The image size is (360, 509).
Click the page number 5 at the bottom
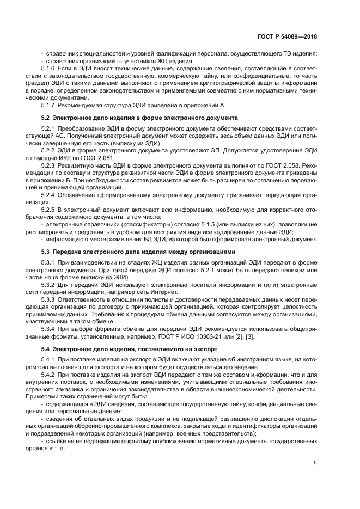click(315, 463)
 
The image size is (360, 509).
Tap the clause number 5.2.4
click(50, 193)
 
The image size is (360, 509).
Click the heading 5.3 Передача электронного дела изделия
click(138, 252)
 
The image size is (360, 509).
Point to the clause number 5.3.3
click(50, 299)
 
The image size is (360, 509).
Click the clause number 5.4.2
click(50, 375)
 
